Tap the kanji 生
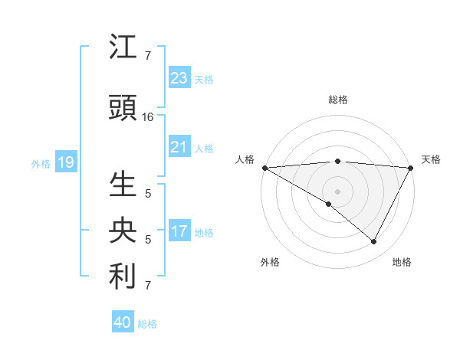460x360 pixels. pyautogui.click(x=123, y=185)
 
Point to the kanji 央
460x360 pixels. pyautogui.click(x=123, y=231)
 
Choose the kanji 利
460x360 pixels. pyautogui.click(x=123, y=277)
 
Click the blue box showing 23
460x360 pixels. pyautogui.click(x=179, y=78)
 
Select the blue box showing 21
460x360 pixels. pyautogui.click(x=179, y=147)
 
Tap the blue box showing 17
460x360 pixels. pyautogui.click(x=179, y=232)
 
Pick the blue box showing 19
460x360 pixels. pyautogui.click(x=65, y=162)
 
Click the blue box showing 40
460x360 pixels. pyautogui.click(x=123, y=322)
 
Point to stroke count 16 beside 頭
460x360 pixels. pyautogui.click(x=148, y=117)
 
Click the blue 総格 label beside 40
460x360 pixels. pyautogui.click(x=147, y=324)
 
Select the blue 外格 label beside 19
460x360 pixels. pyautogui.click(x=41, y=163)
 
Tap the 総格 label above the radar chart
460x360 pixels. pyautogui.click(x=337, y=100)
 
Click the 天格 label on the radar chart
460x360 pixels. pyautogui.click(x=432, y=159)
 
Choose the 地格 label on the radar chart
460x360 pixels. pyautogui.click(x=402, y=262)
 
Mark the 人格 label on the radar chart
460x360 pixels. pyautogui.click(x=245, y=159)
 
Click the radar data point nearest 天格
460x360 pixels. pyautogui.click(x=411, y=167)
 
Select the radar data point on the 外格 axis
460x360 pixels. pyautogui.click(x=329, y=204)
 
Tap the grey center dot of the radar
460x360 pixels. pyautogui.click(x=337, y=191)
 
